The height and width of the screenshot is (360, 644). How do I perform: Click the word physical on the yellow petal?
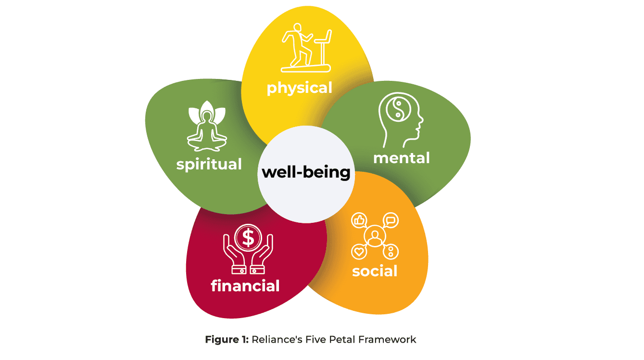pos(299,88)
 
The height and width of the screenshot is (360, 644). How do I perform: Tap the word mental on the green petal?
pos(401,157)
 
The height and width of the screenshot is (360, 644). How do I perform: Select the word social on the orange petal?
pos(375,271)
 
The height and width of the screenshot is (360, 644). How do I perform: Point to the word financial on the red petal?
pos(245,285)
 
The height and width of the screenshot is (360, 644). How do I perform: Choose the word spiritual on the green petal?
pos(209,164)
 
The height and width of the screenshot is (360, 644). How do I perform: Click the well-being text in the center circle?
pos(306,172)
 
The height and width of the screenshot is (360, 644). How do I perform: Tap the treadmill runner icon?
pos(306,48)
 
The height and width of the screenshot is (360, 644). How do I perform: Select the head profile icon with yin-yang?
pos(401,120)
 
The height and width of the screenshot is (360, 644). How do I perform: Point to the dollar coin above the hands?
pos(248,237)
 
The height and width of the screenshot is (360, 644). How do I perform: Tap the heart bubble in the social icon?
pos(359,251)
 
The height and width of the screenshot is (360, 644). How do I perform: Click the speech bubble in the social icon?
pos(391,220)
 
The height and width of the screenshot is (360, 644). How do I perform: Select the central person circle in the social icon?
pos(375,236)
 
